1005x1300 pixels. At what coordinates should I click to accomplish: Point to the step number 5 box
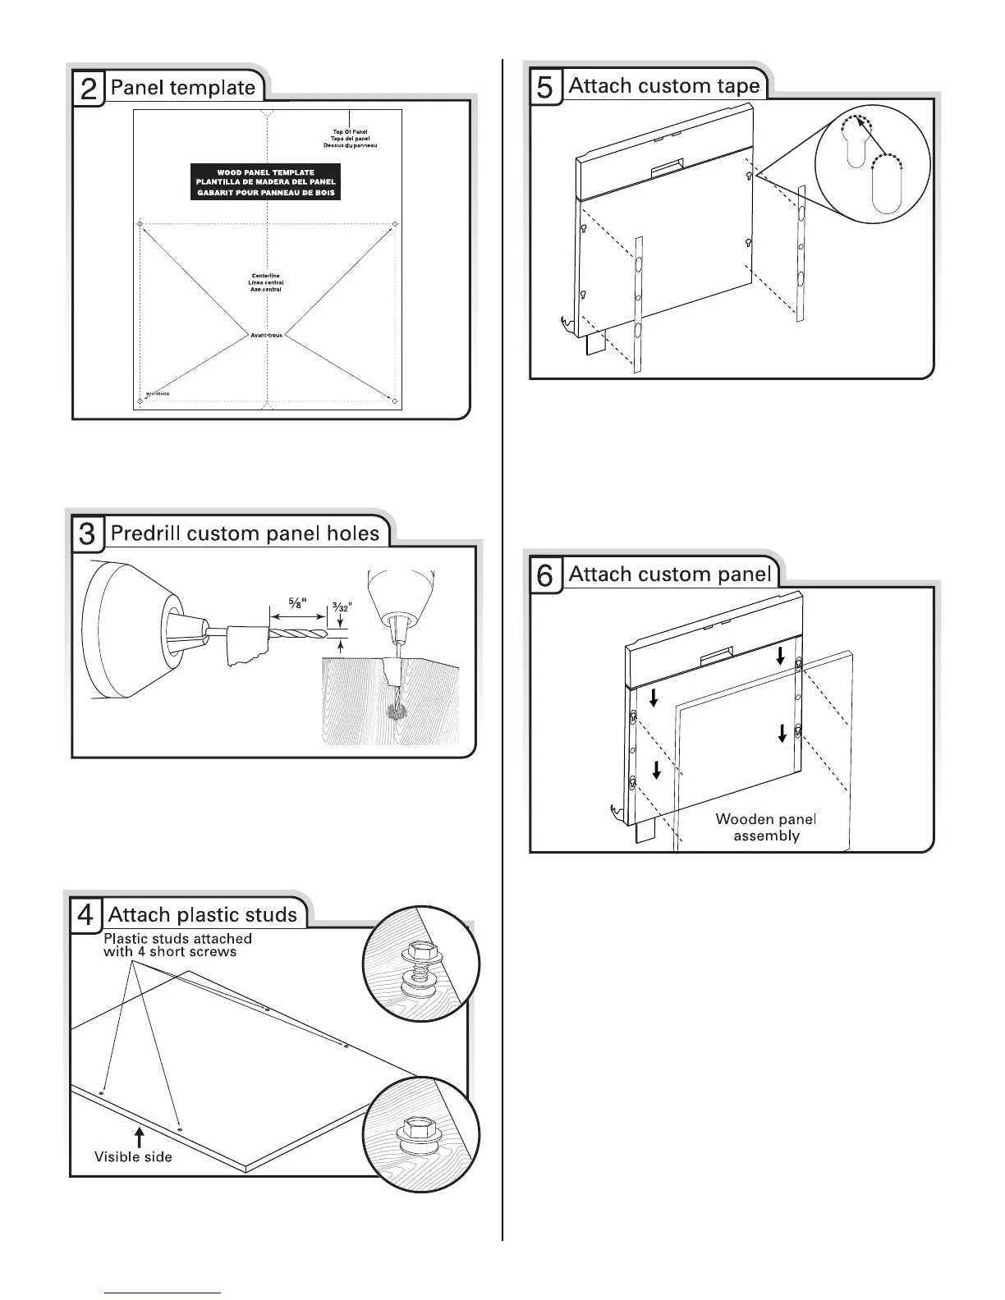(x=544, y=86)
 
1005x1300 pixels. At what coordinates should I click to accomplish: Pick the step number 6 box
(x=544, y=574)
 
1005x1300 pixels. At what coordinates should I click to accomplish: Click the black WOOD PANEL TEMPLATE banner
(x=266, y=182)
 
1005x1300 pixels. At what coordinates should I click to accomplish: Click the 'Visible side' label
(x=133, y=1157)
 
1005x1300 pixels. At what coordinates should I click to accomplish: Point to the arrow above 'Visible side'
(x=140, y=1137)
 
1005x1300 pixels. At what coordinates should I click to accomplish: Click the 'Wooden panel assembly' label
(x=766, y=827)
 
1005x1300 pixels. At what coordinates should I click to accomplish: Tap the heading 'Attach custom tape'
(x=663, y=85)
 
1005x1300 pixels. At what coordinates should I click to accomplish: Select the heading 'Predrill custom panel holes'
(x=245, y=533)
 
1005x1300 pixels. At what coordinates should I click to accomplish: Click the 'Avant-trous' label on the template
(x=266, y=335)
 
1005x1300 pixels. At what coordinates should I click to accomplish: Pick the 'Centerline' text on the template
(x=266, y=276)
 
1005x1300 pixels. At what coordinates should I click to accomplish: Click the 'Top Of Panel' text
(x=350, y=131)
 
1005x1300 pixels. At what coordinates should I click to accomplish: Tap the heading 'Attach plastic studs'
(x=203, y=914)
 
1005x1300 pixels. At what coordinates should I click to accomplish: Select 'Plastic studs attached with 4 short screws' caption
(x=177, y=945)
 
